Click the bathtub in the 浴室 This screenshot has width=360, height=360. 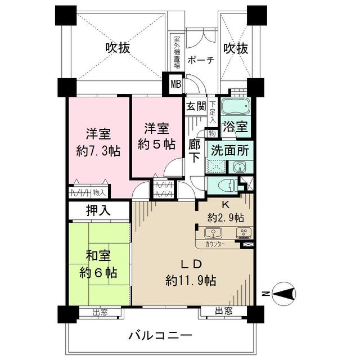tap(236, 106)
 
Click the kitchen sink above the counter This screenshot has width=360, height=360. tap(213, 233)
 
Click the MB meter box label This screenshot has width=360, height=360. tap(176, 84)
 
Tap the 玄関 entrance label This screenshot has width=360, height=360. tap(196, 106)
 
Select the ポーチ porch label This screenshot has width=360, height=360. tap(201, 60)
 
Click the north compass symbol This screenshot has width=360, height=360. tap(283, 294)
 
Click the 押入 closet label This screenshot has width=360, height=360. tap(98, 210)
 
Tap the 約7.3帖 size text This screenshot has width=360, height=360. tap(98, 151)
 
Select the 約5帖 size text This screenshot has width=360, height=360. tap(156, 145)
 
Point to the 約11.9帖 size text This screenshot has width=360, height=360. tap(191, 280)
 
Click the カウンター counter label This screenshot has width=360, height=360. tap(215, 245)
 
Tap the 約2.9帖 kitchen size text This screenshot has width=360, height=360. tap(226, 218)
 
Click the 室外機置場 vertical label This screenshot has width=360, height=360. tap(177, 52)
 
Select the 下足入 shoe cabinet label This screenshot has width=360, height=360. tap(213, 112)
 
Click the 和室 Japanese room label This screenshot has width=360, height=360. tap(98, 256)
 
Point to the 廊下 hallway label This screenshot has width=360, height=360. tap(195, 151)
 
